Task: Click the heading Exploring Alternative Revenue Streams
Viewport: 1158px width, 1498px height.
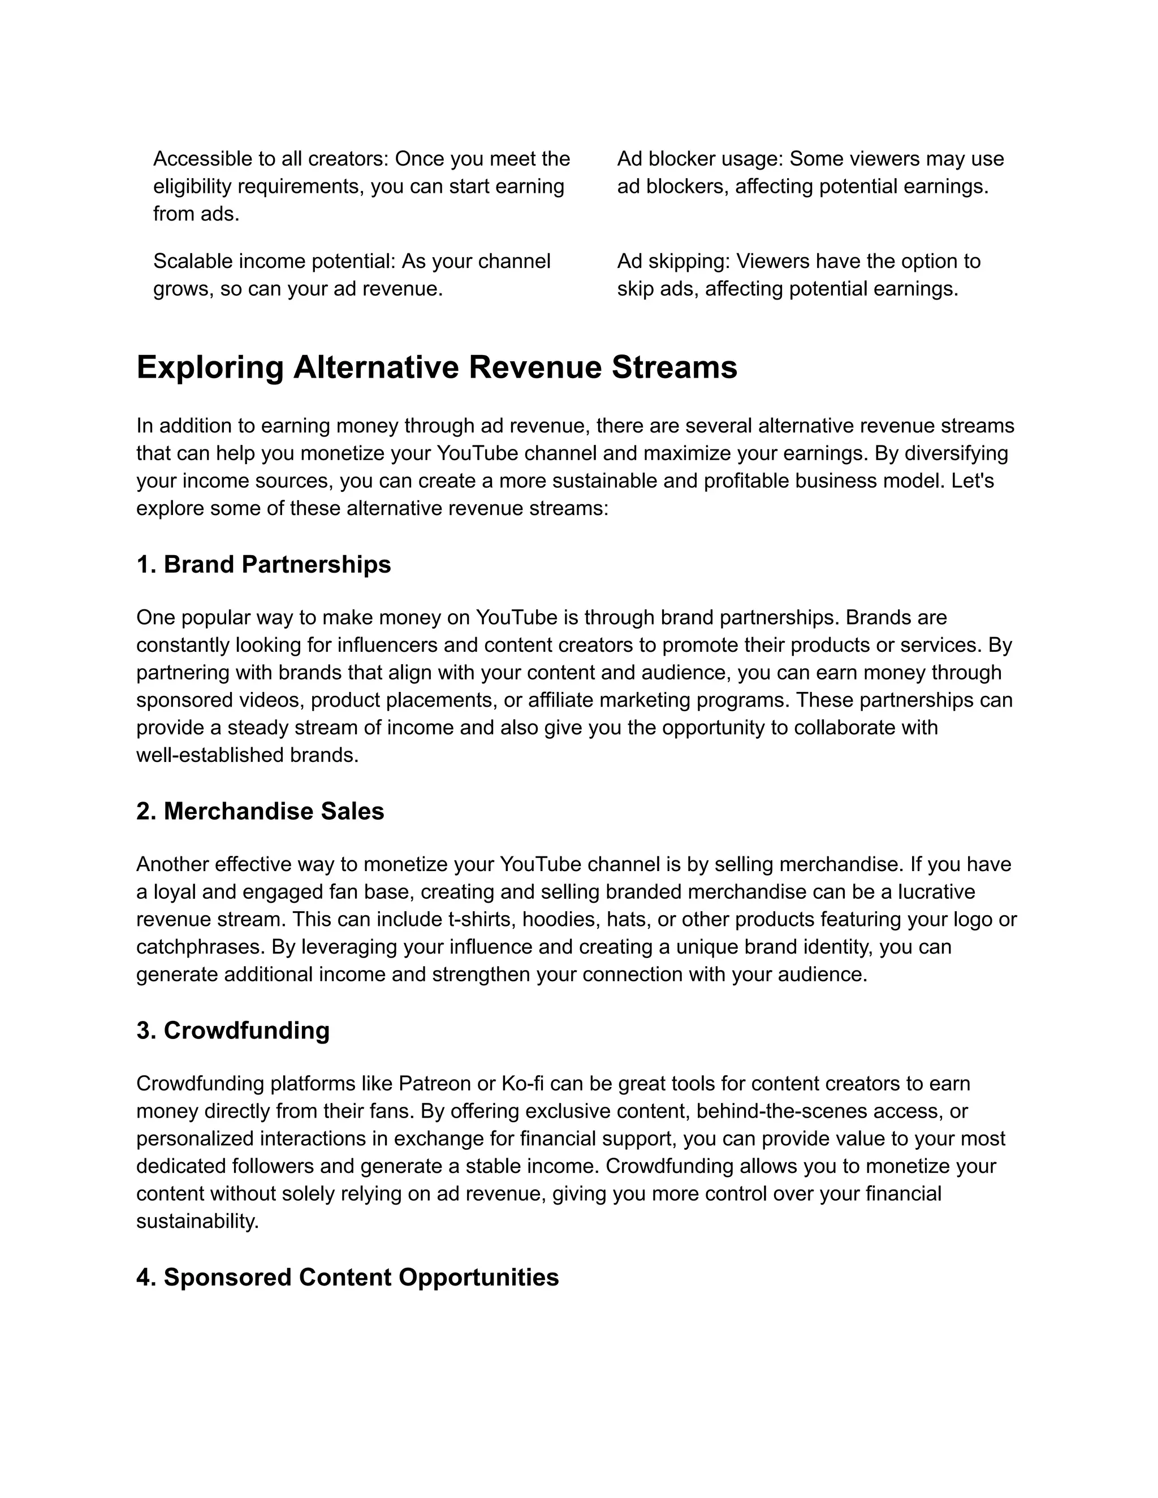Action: tap(437, 367)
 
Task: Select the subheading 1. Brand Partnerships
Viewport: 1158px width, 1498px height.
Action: tap(263, 565)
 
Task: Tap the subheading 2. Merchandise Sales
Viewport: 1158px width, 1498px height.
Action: tap(260, 811)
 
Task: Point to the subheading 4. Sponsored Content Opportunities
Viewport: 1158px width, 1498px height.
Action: tap(347, 1277)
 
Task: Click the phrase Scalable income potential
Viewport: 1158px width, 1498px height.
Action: tap(274, 261)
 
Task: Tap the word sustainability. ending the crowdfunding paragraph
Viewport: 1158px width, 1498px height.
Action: tap(197, 1221)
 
